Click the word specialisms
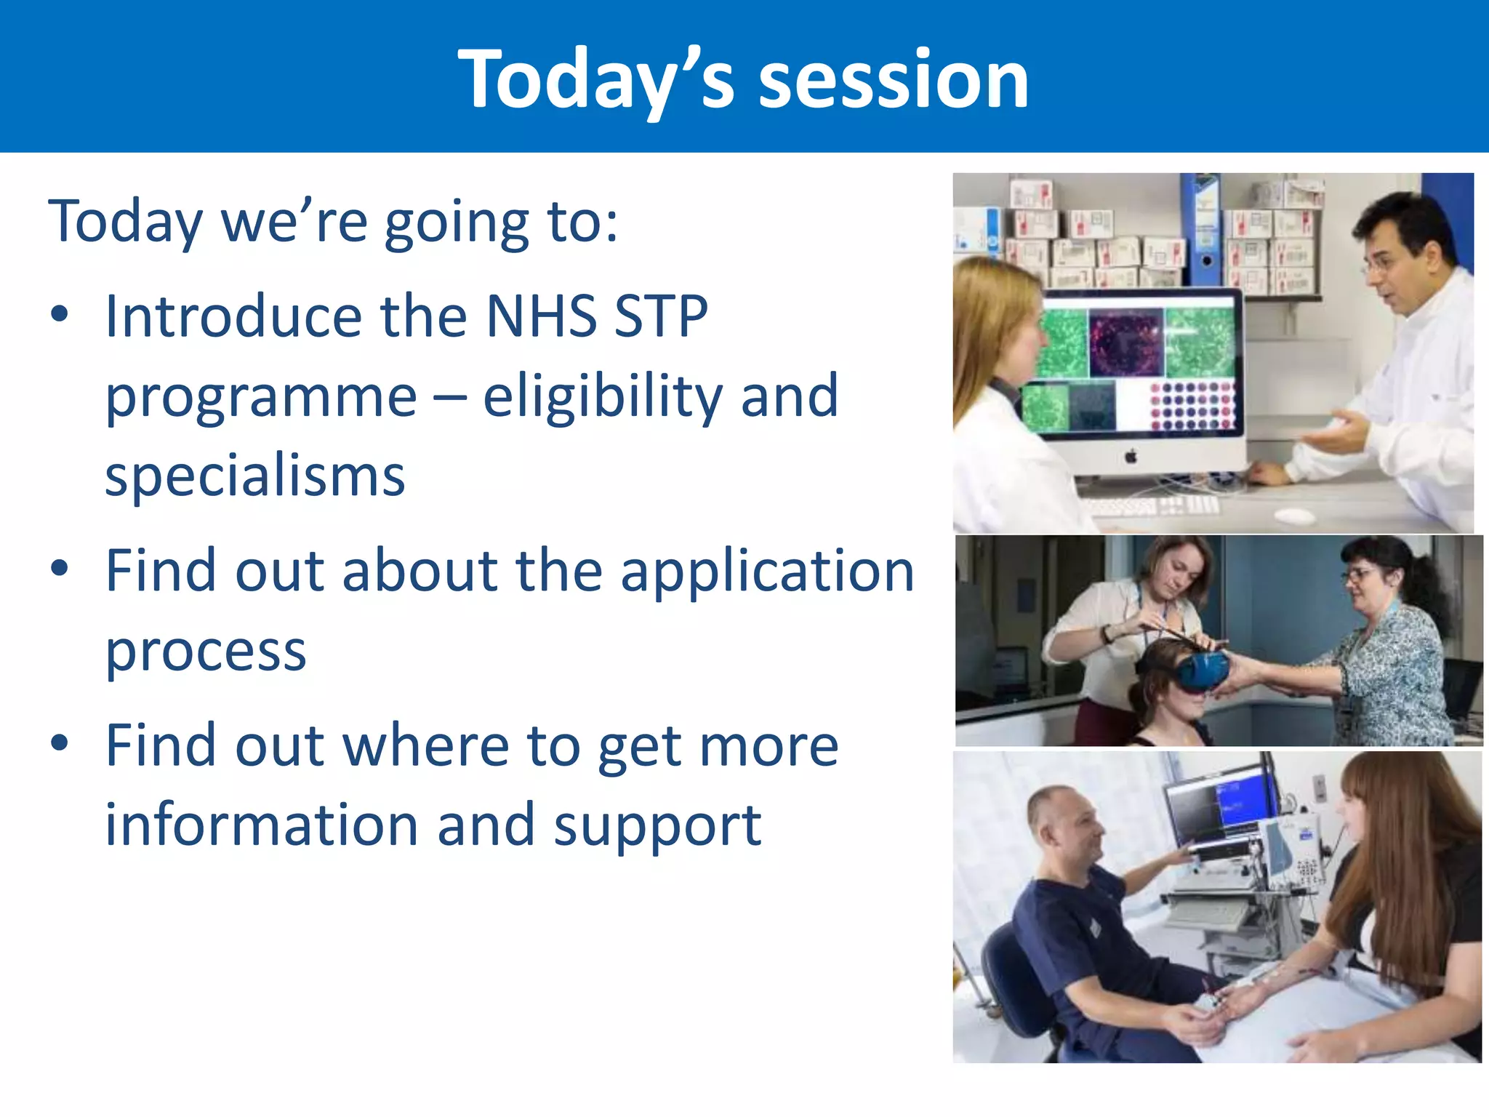[x=255, y=478]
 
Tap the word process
[x=206, y=651]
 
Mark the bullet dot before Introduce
[x=60, y=315]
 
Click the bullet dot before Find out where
[x=60, y=743]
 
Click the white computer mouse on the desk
[x=1295, y=516]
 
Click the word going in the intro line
[x=457, y=224]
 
